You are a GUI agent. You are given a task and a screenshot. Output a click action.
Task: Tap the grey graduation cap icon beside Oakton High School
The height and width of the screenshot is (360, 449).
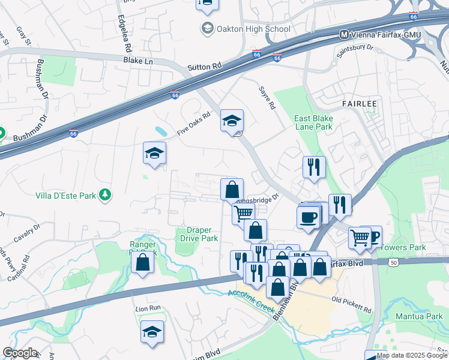click(x=207, y=29)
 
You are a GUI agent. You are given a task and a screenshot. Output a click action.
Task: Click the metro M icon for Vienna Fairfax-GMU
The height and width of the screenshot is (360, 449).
click(x=344, y=35)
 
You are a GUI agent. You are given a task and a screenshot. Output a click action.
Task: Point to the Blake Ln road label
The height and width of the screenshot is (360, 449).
click(x=138, y=61)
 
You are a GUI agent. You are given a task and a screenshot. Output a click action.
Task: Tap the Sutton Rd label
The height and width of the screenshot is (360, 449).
click(x=205, y=68)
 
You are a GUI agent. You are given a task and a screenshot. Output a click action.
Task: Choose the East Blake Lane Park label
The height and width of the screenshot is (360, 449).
click(x=313, y=123)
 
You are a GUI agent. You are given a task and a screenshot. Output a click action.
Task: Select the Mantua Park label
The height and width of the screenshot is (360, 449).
click(x=418, y=316)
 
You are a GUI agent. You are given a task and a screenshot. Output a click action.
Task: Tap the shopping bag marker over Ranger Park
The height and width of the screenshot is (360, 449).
click(x=142, y=263)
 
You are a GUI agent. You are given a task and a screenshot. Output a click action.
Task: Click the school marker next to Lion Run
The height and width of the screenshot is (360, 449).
click(x=152, y=332)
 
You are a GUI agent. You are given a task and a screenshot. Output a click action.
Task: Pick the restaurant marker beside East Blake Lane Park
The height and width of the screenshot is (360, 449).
click(x=313, y=167)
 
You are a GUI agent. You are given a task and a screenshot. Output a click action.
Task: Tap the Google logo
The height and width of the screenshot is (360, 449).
click(x=20, y=353)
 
